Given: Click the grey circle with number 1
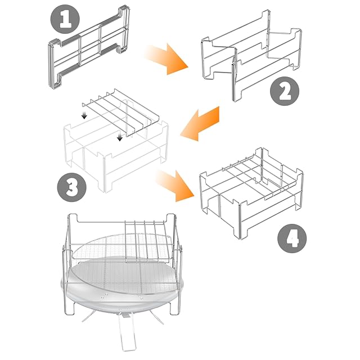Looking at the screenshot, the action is [x=65, y=19].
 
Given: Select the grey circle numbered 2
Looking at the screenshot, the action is [x=285, y=91].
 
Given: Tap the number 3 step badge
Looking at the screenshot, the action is [x=71, y=187].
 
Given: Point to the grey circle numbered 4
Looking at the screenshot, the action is [x=292, y=238].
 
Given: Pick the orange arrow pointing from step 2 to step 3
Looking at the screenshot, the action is [x=199, y=124].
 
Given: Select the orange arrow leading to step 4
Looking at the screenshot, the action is [x=175, y=186].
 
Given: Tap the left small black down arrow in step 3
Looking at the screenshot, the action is [x=84, y=115].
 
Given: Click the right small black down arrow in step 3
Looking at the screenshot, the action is [x=119, y=137].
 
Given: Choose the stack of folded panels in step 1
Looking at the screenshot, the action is [x=89, y=47].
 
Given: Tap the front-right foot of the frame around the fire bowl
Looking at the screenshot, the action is [x=174, y=308].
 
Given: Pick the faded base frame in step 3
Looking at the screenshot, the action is [x=116, y=156].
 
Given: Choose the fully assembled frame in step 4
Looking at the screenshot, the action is [x=251, y=193].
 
